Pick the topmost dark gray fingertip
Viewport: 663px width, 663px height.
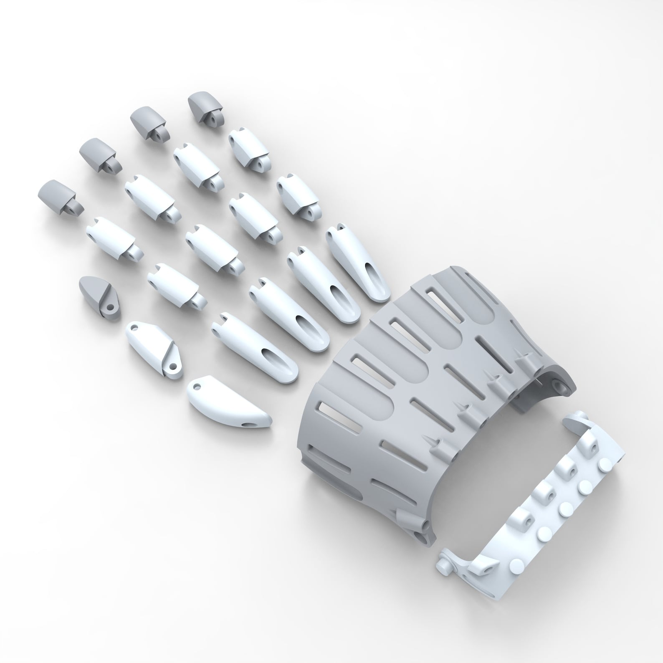205,106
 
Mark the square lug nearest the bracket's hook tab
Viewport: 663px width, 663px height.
592,445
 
